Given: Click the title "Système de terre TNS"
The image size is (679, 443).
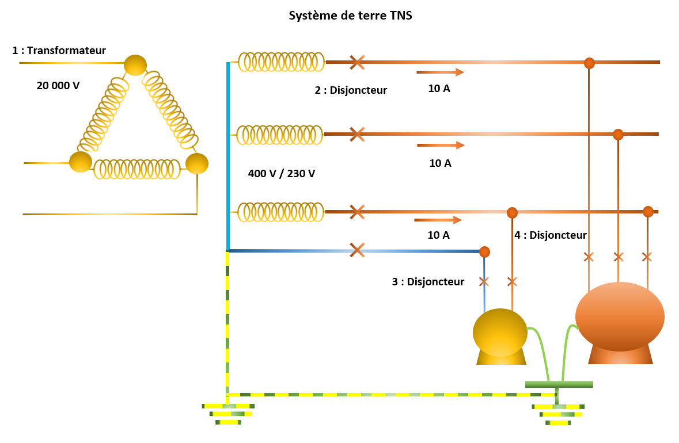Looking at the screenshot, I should [x=350, y=16].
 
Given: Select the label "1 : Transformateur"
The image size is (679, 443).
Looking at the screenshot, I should [x=59, y=51].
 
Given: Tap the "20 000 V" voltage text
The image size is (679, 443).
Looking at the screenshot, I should [x=58, y=86].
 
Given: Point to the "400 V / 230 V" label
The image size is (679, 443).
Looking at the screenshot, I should [x=282, y=173].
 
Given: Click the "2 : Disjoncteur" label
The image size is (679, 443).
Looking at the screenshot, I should [x=351, y=90].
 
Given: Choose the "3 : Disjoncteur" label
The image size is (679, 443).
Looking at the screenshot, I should [x=428, y=282].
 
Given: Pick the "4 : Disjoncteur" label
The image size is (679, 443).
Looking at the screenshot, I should [x=550, y=235].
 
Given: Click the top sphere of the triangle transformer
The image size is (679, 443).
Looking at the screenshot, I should [x=136, y=65].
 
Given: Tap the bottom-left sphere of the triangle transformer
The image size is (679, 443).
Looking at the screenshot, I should [x=81, y=162].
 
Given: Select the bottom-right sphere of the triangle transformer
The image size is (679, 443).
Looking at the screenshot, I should [x=197, y=163].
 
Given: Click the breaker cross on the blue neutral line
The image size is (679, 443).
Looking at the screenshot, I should [x=357, y=250].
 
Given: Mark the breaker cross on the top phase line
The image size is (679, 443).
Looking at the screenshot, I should [x=357, y=62].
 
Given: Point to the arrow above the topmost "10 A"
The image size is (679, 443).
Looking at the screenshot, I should [x=440, y=72].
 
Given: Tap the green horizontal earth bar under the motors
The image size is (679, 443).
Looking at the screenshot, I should [x=559, y=384].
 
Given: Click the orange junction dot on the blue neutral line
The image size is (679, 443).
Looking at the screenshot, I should [x=484, y=251].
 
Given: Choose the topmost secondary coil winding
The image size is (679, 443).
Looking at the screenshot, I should [x=281, y=62].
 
